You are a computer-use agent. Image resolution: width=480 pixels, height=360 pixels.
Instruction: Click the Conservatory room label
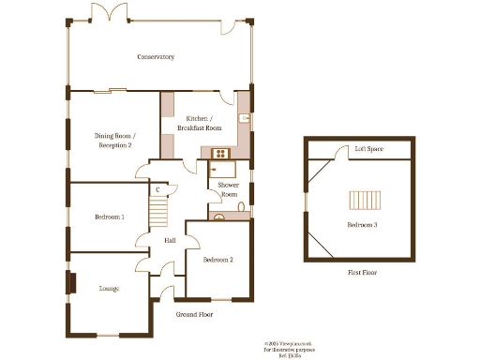[x=156, y=57]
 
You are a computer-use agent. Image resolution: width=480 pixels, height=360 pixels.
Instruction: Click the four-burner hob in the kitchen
[x=222, y=152]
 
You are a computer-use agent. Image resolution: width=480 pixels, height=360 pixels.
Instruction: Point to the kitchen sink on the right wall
[x=244, y=118]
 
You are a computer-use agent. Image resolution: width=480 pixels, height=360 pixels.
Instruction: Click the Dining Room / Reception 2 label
[x=114, y=141]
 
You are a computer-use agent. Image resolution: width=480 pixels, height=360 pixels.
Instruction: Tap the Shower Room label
[x=229, y=188]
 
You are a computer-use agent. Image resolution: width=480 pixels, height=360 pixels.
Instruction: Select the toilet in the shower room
[x=241, y=205]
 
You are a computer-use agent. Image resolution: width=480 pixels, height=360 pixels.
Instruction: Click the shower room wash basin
[x=221, y=217]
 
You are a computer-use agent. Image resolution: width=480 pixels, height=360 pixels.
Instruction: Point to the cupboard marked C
[x=157, y=190]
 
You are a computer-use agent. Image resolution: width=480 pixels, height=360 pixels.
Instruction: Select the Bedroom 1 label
[x=109, y=217]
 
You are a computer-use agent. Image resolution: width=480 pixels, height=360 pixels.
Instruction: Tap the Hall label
[x=170, y=241]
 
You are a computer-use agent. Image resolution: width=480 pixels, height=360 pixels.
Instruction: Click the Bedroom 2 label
[x=217, y=259]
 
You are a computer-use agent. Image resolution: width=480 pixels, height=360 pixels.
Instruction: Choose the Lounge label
[x=109, y=289]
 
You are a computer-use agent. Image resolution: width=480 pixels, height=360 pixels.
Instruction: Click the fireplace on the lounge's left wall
[x=70, y=284]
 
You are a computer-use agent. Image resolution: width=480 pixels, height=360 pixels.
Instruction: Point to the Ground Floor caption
[x=194, y=315]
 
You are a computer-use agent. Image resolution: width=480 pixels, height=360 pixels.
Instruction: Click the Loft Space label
[x=367, y=149]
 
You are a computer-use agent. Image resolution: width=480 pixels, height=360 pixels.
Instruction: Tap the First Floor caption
[x=362, y=272]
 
